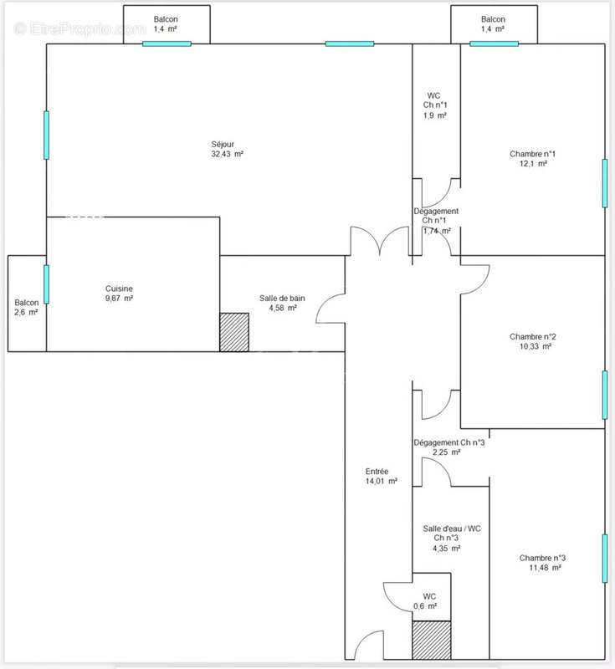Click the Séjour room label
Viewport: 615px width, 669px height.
point(223,144)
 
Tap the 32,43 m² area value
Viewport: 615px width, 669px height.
point(227,154)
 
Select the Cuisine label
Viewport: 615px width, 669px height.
point(119,289)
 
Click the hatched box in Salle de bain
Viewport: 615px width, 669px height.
point(234,332)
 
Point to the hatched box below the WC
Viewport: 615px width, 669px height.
point(432,640)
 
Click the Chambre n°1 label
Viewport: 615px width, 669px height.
point(533,154)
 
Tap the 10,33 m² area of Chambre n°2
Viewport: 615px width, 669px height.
point(536,346)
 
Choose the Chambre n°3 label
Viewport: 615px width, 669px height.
point(542,558)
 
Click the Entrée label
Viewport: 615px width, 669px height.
point(377,472)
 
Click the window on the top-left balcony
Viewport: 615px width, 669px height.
point(167,43)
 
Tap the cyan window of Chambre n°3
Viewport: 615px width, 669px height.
point(605,559)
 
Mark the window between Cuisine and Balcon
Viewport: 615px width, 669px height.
point(46,284)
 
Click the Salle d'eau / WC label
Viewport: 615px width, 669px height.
point(452,529)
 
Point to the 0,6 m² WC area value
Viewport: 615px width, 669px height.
point(425,606)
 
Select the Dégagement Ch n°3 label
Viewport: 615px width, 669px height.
point(449,443)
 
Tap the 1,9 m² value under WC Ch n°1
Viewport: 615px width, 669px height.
point(435,115)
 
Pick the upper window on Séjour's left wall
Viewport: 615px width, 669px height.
point(46,135)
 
